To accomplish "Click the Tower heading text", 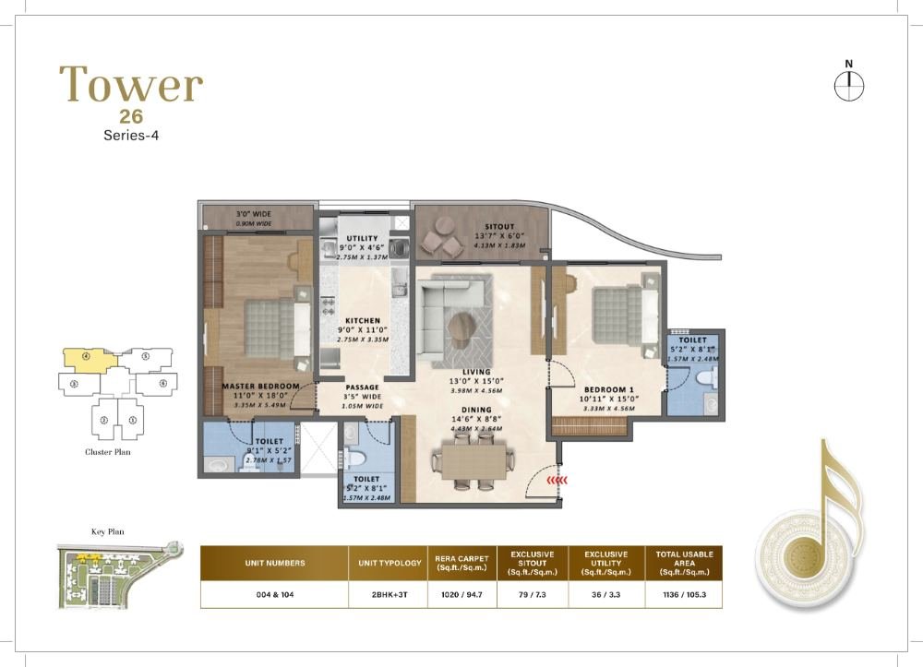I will click(131, 85).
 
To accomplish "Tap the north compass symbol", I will click(847, 85).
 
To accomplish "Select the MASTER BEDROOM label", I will click(261, 386).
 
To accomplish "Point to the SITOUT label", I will click(500, 225).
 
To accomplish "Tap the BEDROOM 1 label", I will click(605, 388).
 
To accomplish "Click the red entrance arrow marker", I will click(554, 480).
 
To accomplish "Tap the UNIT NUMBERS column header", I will click(274, 562).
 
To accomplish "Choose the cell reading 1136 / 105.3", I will click(685, 593).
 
